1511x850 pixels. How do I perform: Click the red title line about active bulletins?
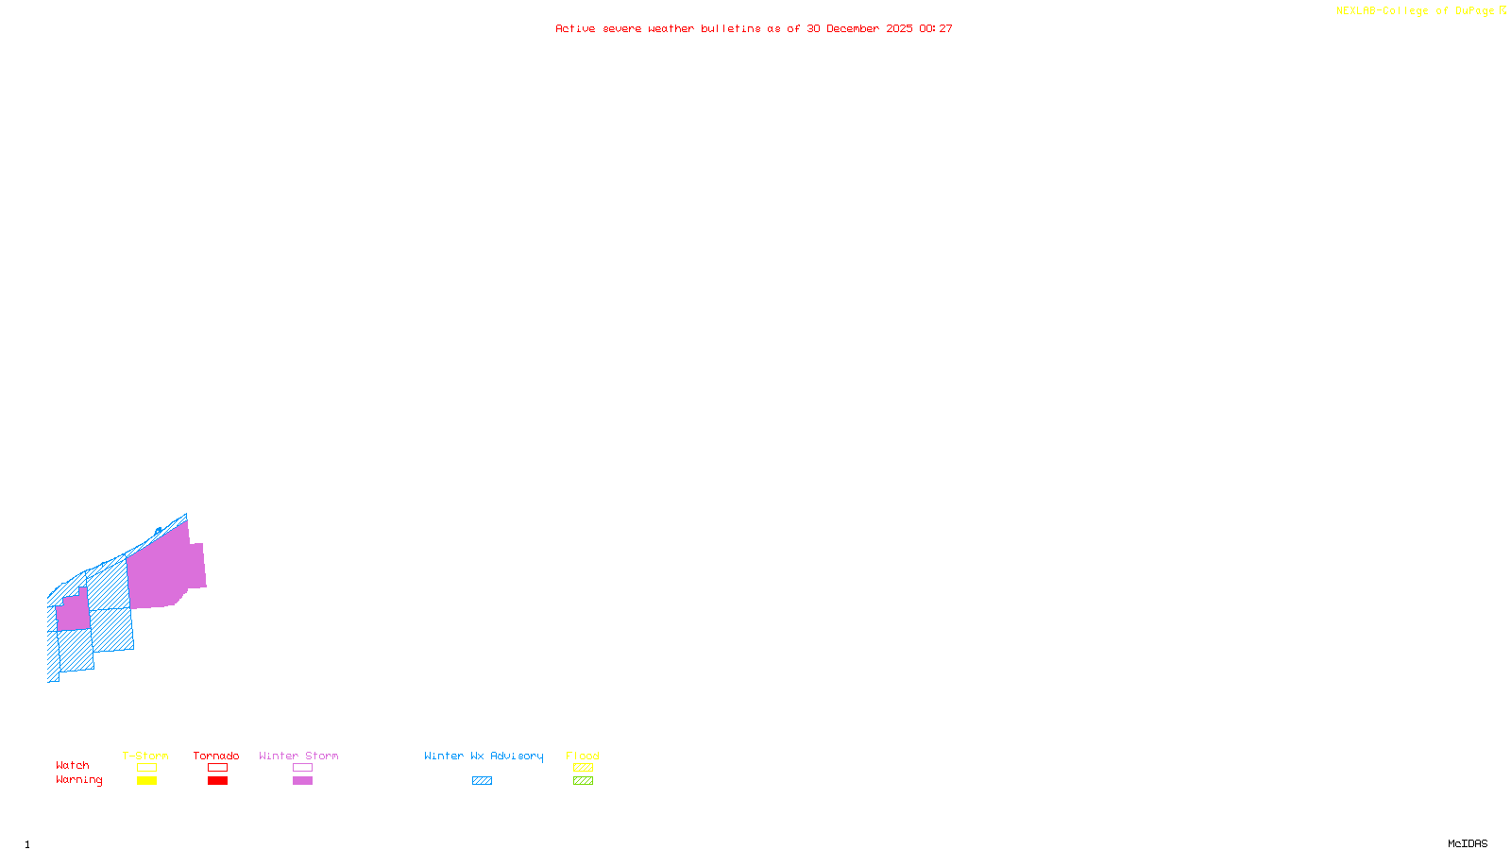[754, 28]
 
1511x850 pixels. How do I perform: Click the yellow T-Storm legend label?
[145, 756]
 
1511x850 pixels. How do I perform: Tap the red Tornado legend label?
[216, 756]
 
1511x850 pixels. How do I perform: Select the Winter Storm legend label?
[298, 756]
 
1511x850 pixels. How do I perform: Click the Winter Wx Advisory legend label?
[484, 756]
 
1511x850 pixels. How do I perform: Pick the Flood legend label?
[583, 756]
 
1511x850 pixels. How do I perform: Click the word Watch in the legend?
[73, 765]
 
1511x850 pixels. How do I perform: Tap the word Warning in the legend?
[79, 780]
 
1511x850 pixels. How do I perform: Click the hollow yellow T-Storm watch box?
[146, 768]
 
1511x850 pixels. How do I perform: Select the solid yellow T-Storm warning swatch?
[146, 781]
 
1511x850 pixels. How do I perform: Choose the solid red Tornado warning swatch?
[217, 781]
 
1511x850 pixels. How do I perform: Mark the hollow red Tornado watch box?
[217, 768]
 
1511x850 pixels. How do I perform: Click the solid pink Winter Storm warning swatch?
[302, 781]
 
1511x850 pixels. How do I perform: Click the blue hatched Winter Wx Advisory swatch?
[482, 781]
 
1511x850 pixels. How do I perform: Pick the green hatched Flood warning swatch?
[583, 781]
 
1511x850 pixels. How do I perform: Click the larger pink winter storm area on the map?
[165, 571]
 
